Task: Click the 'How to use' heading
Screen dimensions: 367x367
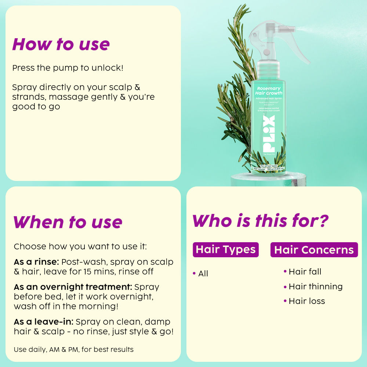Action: (61, 44)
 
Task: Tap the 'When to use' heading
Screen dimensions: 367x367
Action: (68, 222)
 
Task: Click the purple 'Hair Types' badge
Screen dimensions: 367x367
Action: (226, 250)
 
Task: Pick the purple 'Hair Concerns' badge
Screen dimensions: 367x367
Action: (314, 250)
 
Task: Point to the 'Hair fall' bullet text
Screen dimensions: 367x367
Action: (305, 272)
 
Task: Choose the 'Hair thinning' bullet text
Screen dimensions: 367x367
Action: (315, 286)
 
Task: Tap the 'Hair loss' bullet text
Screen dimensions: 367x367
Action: (306, 301)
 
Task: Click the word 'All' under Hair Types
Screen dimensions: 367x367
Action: (203, 273)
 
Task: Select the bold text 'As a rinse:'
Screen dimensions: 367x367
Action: (36, 262)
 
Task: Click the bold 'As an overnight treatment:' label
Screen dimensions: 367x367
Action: (73, 287)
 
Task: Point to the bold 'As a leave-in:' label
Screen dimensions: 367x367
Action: (44, 322)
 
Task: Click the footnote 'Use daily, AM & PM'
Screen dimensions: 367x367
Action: (73, 349)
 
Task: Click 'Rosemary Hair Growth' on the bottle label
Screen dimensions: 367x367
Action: (269, 91)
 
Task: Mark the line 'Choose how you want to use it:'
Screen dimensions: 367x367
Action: (80, 247)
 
